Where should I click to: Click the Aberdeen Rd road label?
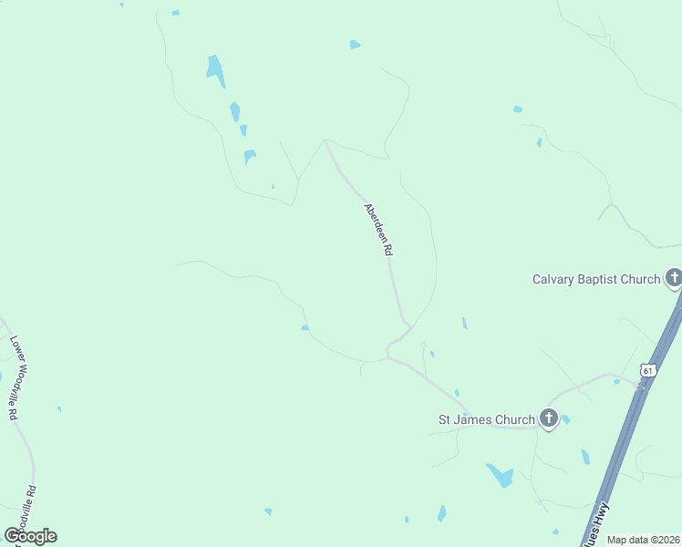tap(378, 229)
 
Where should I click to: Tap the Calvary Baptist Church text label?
tap(596, 279)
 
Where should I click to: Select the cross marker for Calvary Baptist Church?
tap(674, 277)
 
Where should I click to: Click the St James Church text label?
tap(487, 420)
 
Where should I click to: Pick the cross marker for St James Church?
tap(548, 418)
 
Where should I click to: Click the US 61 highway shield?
tap(647, 370)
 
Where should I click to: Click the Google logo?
tap(30, 536)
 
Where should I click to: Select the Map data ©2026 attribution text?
tap(644, 540)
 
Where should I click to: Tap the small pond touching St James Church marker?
tap(565, 419)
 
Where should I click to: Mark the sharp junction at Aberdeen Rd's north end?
tap(324, 140)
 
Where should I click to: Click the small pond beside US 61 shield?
tap(617, 381)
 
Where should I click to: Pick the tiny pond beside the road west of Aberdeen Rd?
tap(305, 327)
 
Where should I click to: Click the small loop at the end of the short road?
tap(422, 346)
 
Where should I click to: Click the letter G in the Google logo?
tap(11, 536)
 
